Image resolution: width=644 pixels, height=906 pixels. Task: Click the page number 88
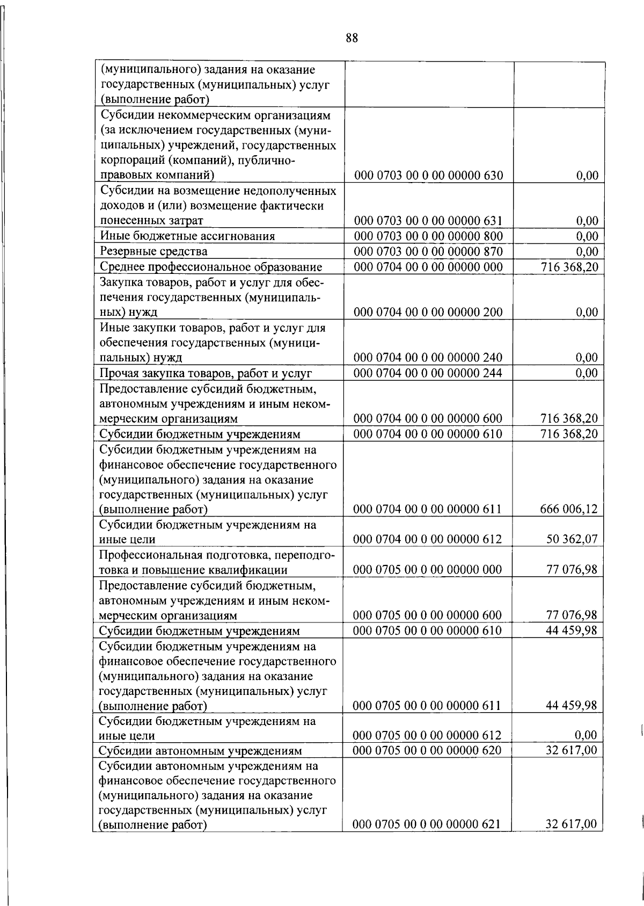[x=352, y=38]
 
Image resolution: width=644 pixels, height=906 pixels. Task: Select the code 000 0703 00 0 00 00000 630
[x=428, y=176]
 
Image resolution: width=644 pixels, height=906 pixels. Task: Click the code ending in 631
[x=428, y=221]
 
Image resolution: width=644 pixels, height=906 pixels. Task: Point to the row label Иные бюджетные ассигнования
[x=188, y=236]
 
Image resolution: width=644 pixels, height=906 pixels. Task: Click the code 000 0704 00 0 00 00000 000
[x=428, y=267]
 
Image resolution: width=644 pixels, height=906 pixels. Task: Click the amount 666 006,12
[x=568, y=509]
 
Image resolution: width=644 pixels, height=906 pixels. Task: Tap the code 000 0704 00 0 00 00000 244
[x=428, y=373]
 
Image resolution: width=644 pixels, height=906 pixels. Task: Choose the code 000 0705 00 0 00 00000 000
[x=428, y=569]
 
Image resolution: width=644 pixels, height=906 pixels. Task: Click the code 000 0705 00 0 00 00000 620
[x=428, y=750]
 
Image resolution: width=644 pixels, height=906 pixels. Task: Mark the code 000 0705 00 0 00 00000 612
[x=428, y=735]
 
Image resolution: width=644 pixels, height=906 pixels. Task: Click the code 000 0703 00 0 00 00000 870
[x=428, y=251]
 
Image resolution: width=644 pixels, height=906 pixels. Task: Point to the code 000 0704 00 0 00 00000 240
[x=428, y=358]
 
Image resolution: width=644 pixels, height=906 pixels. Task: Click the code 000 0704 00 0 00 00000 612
[x=428, y=539]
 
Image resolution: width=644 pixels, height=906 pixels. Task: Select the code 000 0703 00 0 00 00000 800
[x=428, y=236]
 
